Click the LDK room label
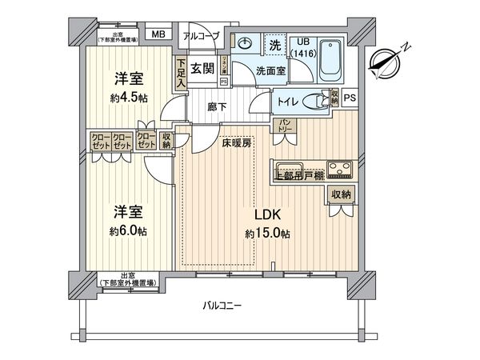tap(268, 216)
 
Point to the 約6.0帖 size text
tap(128, 230)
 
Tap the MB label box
tap(158, 34)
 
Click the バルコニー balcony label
tap(221, 306)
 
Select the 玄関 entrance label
tap(201, 66)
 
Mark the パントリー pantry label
tap(285, 126)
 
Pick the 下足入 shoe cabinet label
tap(182, 73)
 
